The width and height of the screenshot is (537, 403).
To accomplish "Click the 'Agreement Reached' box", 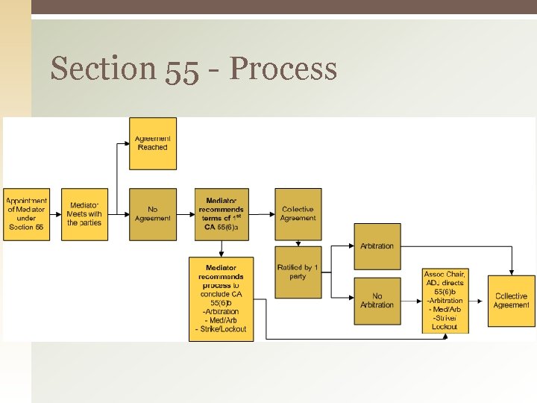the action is [x=153, y=143].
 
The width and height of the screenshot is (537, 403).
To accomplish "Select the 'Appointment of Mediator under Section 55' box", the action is [x=27, y=214].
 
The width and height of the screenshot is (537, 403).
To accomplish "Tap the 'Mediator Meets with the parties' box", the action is [x=84, y=214].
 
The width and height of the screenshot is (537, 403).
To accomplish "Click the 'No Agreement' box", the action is [x=153, y=214].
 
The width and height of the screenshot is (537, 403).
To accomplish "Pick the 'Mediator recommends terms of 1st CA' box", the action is [x=221, y=214].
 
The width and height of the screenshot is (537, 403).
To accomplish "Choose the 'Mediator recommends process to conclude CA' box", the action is [x=221, y=299].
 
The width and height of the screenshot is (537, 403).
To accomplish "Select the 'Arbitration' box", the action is [x=377, y=246].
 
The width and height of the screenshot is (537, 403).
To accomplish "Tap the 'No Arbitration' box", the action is [x=377, y=301].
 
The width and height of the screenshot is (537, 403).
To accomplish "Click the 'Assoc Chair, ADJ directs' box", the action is [x=445, y=301].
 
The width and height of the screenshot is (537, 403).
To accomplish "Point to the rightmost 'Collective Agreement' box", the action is [x=512, y=301].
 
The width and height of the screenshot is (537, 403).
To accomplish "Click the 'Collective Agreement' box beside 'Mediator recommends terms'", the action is [x=298, y=214].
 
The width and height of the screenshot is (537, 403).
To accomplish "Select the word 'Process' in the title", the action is [x=283, y=69].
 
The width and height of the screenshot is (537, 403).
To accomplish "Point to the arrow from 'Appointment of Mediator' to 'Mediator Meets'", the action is [x=55, y=214].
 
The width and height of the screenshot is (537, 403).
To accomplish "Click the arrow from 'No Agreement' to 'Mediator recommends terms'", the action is [x=186, y=214].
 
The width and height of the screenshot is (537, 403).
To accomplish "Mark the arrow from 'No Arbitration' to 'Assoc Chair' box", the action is [x=411, y=304].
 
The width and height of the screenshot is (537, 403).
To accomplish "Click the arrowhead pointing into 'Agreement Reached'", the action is [x=126, y=143].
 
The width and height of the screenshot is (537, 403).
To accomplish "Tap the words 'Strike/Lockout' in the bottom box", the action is [x=222, y=329].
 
